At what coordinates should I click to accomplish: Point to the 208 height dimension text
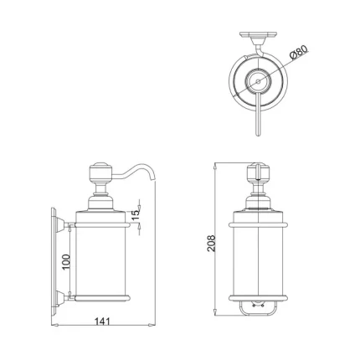(213, 242)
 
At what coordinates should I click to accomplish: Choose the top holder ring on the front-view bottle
(260, 224)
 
